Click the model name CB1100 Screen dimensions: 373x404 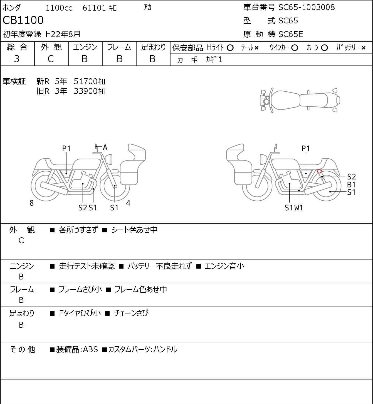(23, 20)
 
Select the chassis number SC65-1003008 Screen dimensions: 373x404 (307, 7)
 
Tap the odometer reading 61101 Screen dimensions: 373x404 (94, 8)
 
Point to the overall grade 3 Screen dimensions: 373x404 (17, 59)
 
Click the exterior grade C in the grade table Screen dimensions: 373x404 (51, 59)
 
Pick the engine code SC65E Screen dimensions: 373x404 (291, 34)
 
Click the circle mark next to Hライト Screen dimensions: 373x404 (230, 48)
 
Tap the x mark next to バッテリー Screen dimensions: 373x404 (364, 48)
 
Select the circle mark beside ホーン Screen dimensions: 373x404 (324, 48)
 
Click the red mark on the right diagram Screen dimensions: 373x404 (319, 171)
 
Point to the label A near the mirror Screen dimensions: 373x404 (105, 147)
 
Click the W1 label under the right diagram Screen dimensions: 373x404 (299, 208)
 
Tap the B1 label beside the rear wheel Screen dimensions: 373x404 (351, 184)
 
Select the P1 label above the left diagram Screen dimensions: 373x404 (66, 149)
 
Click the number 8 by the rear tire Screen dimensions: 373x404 (31, 203)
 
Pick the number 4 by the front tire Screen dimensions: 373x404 (128, 203)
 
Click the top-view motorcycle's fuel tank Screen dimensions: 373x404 (285, 100)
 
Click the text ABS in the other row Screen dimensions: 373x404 (90, 349)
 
